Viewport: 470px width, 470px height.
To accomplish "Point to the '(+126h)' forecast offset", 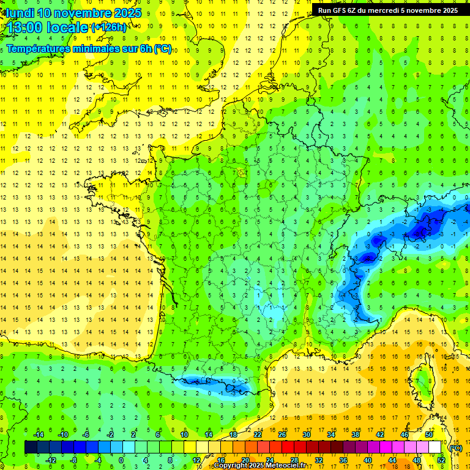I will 109,28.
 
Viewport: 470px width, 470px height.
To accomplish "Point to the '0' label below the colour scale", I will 121,460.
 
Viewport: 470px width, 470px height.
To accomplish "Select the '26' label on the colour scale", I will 282,435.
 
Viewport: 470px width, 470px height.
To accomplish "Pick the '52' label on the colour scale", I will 441,460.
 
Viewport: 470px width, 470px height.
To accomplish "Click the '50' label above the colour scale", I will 429,435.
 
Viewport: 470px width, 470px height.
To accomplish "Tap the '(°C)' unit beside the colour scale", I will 456,448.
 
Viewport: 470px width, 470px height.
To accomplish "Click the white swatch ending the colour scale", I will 435,447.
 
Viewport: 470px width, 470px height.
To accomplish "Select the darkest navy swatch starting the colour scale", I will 31,447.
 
